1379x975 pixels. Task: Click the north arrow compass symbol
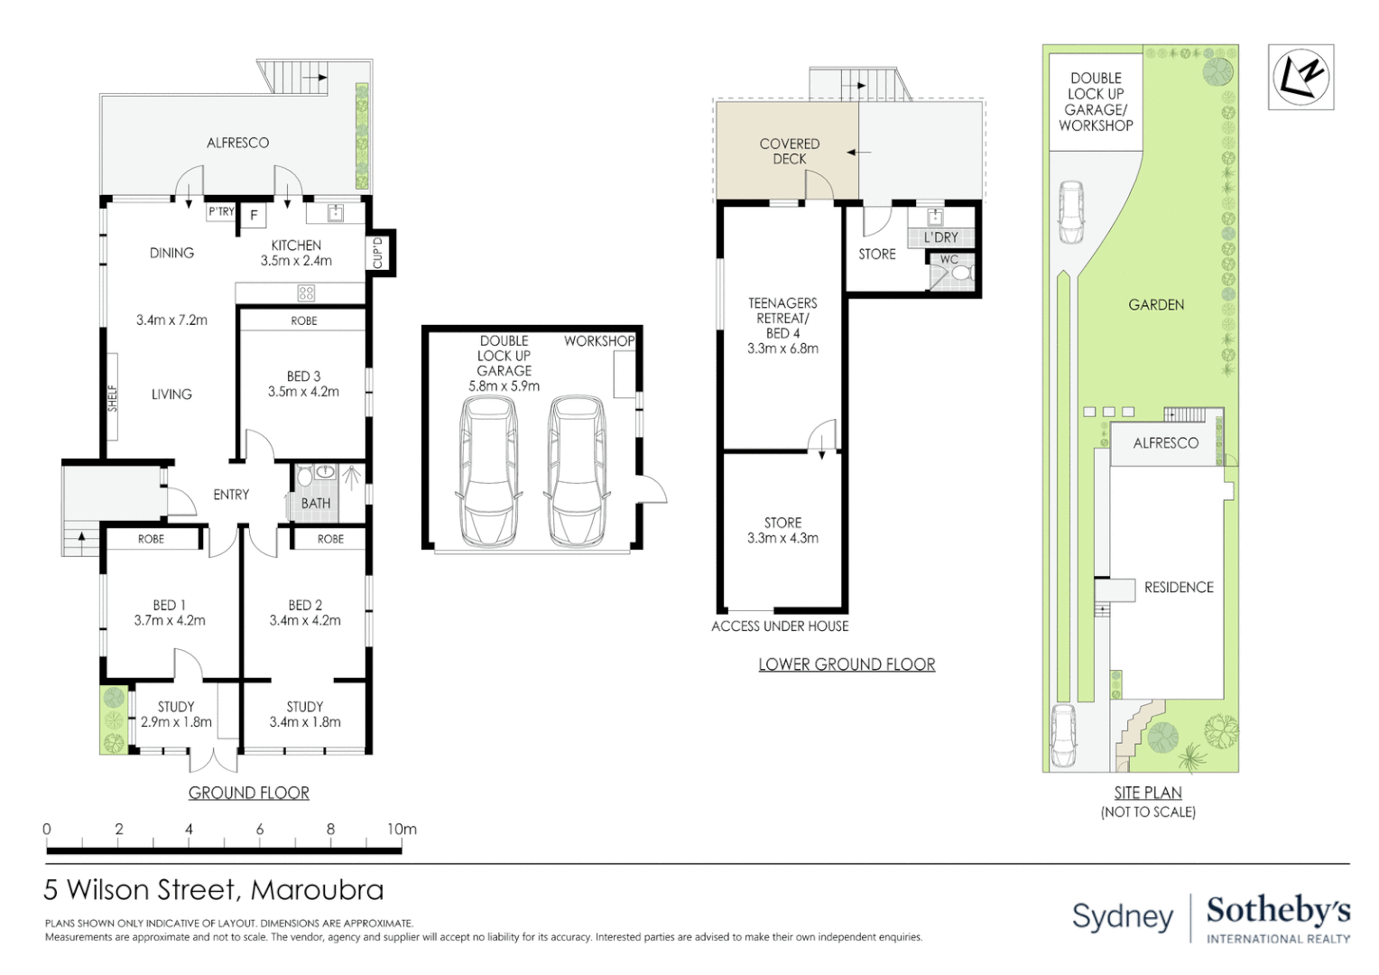1300,77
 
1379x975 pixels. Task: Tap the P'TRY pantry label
221,212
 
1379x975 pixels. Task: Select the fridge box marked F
255,216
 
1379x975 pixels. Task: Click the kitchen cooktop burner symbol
306,292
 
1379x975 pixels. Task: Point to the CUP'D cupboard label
378,253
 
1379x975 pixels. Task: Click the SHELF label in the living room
113,398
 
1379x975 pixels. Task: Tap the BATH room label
316,504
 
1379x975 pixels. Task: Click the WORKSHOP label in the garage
599,341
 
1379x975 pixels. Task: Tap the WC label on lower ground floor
949,260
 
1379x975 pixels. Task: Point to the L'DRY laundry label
941,237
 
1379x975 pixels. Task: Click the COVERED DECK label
790,151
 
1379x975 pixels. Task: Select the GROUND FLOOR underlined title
249,793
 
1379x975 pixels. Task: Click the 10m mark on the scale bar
402,829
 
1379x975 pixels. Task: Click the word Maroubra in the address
317,890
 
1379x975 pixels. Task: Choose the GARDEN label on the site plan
1156,305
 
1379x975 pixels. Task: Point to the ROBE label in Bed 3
304,320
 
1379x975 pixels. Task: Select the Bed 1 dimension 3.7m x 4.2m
170,621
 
